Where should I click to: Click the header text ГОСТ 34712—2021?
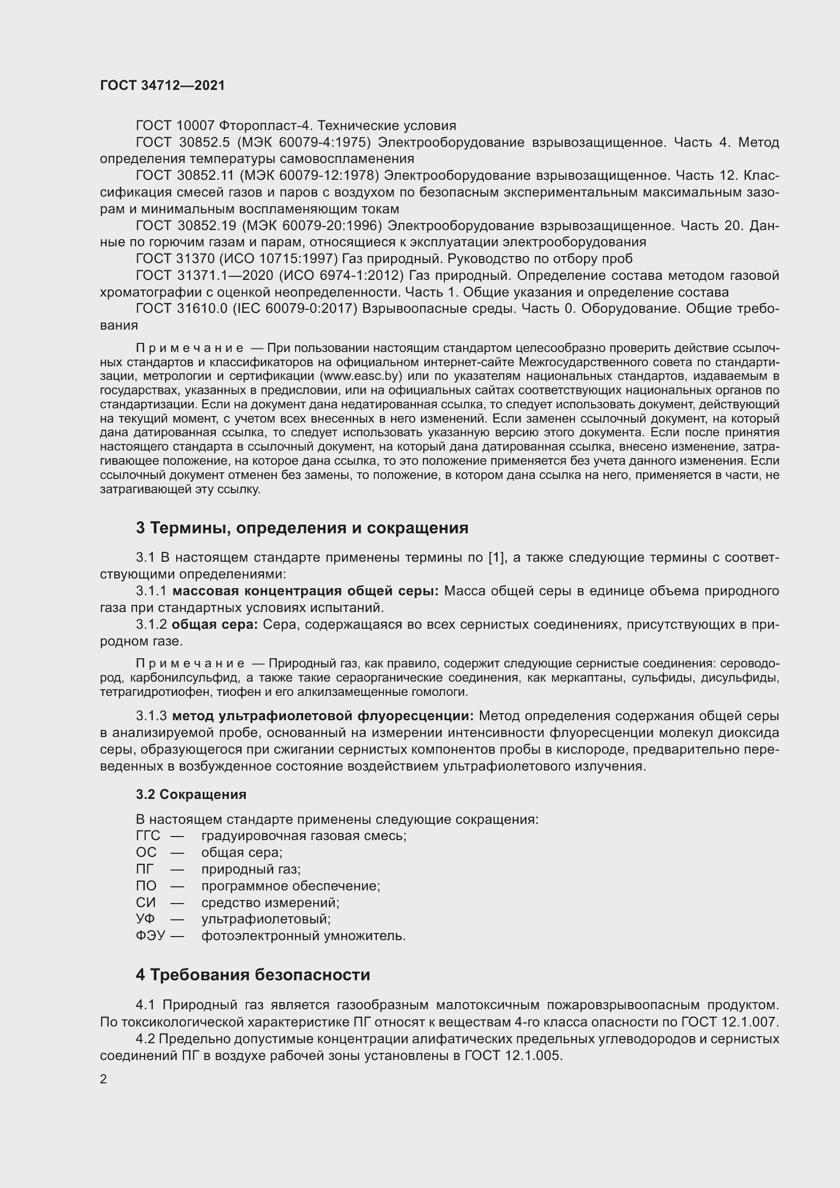(x=163, y=85)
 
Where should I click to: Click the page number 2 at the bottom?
(x=104, y=1079)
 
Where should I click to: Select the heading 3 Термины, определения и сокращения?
(x=302, y=528)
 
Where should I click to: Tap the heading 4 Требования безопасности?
(x=253, y=975)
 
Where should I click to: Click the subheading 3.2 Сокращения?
(x=191, y=794)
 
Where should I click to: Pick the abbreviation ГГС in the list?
(x=148, y=836)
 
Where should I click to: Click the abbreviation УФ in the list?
(x=145, y=919)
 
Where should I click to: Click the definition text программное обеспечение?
(x=290, y=886)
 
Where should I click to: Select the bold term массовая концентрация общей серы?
(x=305, y=591)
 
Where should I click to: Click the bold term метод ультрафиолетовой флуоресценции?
(x=323, y=716)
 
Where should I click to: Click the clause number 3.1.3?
(x=151, y=716)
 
